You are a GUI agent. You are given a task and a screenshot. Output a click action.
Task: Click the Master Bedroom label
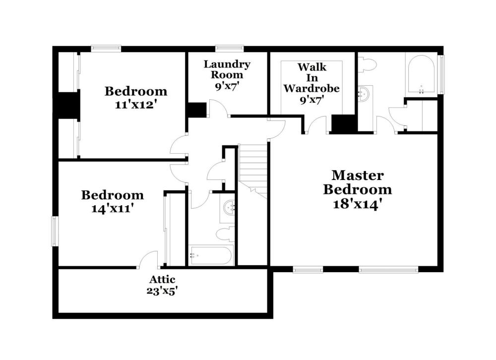click(x=358, y=182)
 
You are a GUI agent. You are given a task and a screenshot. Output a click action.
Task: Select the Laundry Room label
click(x=227, y=69)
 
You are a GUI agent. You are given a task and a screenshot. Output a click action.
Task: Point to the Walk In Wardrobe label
click(x=311, y=78)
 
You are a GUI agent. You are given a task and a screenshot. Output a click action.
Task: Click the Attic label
click(x=162, y=279)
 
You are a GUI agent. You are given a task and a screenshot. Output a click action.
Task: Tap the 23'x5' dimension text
click(x=161, y=291)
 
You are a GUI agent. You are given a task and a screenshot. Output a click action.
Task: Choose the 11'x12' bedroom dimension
click(x=136, y=105)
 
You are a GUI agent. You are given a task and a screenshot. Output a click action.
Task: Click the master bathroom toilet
click(x=367, y=65)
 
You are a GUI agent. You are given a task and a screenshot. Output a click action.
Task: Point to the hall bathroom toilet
click(x=225, y=234)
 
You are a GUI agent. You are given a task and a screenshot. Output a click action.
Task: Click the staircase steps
click(x=253, y=171)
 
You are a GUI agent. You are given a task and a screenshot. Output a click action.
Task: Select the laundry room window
click(x=230, y=49)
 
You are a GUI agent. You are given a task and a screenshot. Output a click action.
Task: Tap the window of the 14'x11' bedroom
click(x=55, y=231)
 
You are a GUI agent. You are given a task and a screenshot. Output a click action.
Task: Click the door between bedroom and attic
click(x=148, y=260)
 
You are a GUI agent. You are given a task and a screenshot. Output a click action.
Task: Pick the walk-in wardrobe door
click(x=316, y=125)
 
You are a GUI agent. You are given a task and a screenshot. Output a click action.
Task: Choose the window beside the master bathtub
click(x=441, y=74)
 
